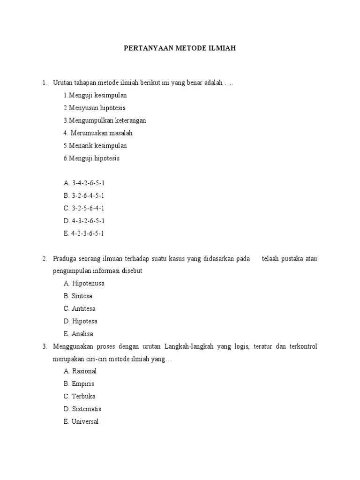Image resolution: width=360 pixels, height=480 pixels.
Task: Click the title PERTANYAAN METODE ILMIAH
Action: click(180, 48)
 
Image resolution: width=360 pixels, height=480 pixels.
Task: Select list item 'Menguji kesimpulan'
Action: click(95, 95)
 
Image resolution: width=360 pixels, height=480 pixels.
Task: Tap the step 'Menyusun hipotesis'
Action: click(94, 108)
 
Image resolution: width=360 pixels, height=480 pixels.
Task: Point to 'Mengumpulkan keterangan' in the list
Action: click(105, 120)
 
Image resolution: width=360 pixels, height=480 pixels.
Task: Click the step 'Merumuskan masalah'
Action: click(98, 133)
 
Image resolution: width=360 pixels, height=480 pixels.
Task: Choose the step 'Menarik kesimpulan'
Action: click(95, 146)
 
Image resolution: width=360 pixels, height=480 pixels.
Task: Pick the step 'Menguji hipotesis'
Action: click(91, 158)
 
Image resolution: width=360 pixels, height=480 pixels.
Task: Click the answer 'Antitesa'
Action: click(80, 309)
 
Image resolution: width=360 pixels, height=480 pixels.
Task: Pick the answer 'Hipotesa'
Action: click(80, 322)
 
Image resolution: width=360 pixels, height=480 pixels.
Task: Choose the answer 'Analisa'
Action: click(78, 334)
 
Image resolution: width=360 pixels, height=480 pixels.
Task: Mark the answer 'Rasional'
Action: click(80, 371)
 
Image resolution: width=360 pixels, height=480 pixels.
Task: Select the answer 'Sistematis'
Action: click(82, 409)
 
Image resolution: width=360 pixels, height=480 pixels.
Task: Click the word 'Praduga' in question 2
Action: click(65, 259)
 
